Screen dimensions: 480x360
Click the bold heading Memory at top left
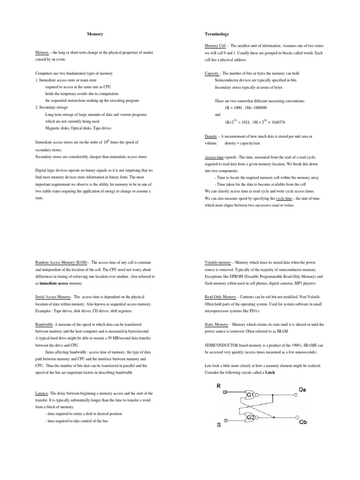tap(96, 34)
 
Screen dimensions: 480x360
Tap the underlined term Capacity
tap(212, 74)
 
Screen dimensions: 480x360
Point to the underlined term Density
tap(212, 136)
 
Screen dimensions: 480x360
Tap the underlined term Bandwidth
tap(45, 324)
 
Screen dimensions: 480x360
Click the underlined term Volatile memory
tap(218, 263)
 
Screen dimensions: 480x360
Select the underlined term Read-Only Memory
tap(220, 297)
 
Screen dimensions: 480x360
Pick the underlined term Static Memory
tap(217, 324)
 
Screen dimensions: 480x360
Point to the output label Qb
tap(305, 422)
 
